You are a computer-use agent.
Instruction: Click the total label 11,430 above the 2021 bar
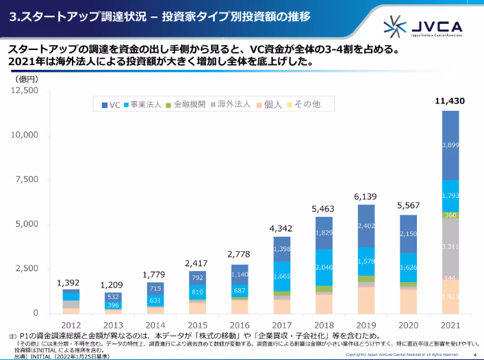[x=450, y=101]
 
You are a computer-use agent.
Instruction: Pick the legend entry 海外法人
[x=235, y=105]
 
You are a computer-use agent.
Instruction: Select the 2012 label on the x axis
[x=72, y=325]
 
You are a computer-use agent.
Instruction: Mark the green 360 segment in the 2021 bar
[x=450, y=215]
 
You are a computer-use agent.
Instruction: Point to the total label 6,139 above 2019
[x=366, y=196]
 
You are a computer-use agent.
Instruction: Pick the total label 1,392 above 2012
[x=71, y=282]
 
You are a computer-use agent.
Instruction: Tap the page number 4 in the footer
[x=474, y=355]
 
